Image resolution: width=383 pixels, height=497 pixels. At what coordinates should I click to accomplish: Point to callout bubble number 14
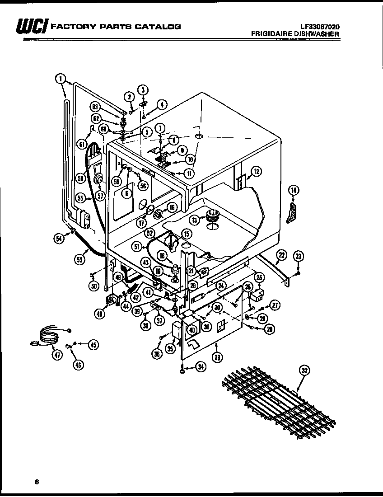(293, 191)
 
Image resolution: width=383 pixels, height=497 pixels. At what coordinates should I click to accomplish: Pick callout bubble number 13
(194, 220)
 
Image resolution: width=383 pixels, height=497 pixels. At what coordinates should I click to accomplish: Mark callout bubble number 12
(256, 171)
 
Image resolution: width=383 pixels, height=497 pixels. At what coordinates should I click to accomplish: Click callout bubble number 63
(94, 107)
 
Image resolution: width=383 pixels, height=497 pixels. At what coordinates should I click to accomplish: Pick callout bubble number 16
(172, 208)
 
